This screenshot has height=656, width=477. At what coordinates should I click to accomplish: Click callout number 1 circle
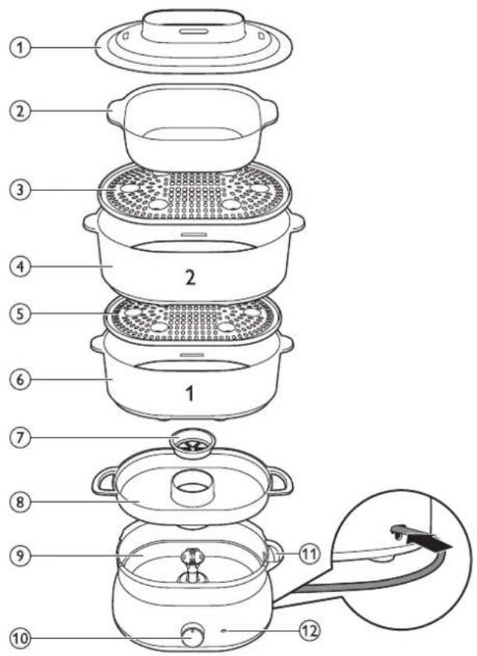point(20,48)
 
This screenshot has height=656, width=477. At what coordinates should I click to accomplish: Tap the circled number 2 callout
point(20,111)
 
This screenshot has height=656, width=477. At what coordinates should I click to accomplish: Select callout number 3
point(20,189)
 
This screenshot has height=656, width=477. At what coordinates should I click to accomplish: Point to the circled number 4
point(20,266)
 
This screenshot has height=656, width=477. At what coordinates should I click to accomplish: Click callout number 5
point(20,313)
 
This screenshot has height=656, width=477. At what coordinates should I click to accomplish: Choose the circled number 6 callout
point(20,380)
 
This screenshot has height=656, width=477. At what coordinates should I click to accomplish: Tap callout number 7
point(20,438)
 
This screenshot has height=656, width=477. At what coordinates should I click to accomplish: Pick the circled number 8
point(20,502)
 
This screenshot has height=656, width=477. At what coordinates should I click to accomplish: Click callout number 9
point(20,555)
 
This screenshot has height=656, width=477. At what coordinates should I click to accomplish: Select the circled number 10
point(20,638)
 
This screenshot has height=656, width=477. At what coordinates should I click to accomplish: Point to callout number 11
point(309,555)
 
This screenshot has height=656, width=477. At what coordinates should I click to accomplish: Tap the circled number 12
point(309,630)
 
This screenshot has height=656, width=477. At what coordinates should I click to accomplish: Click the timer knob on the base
point(193,635)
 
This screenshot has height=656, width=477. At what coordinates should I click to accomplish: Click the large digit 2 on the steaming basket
point(190,277)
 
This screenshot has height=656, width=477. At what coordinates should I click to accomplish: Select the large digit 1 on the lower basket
point(190,393)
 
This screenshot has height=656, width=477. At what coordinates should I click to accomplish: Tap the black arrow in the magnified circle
point(429,541)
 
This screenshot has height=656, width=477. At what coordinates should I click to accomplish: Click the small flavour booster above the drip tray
point(193,443)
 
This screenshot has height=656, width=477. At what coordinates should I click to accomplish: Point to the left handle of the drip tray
point(105,482)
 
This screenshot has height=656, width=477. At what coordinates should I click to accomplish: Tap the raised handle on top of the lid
point(194,26)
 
